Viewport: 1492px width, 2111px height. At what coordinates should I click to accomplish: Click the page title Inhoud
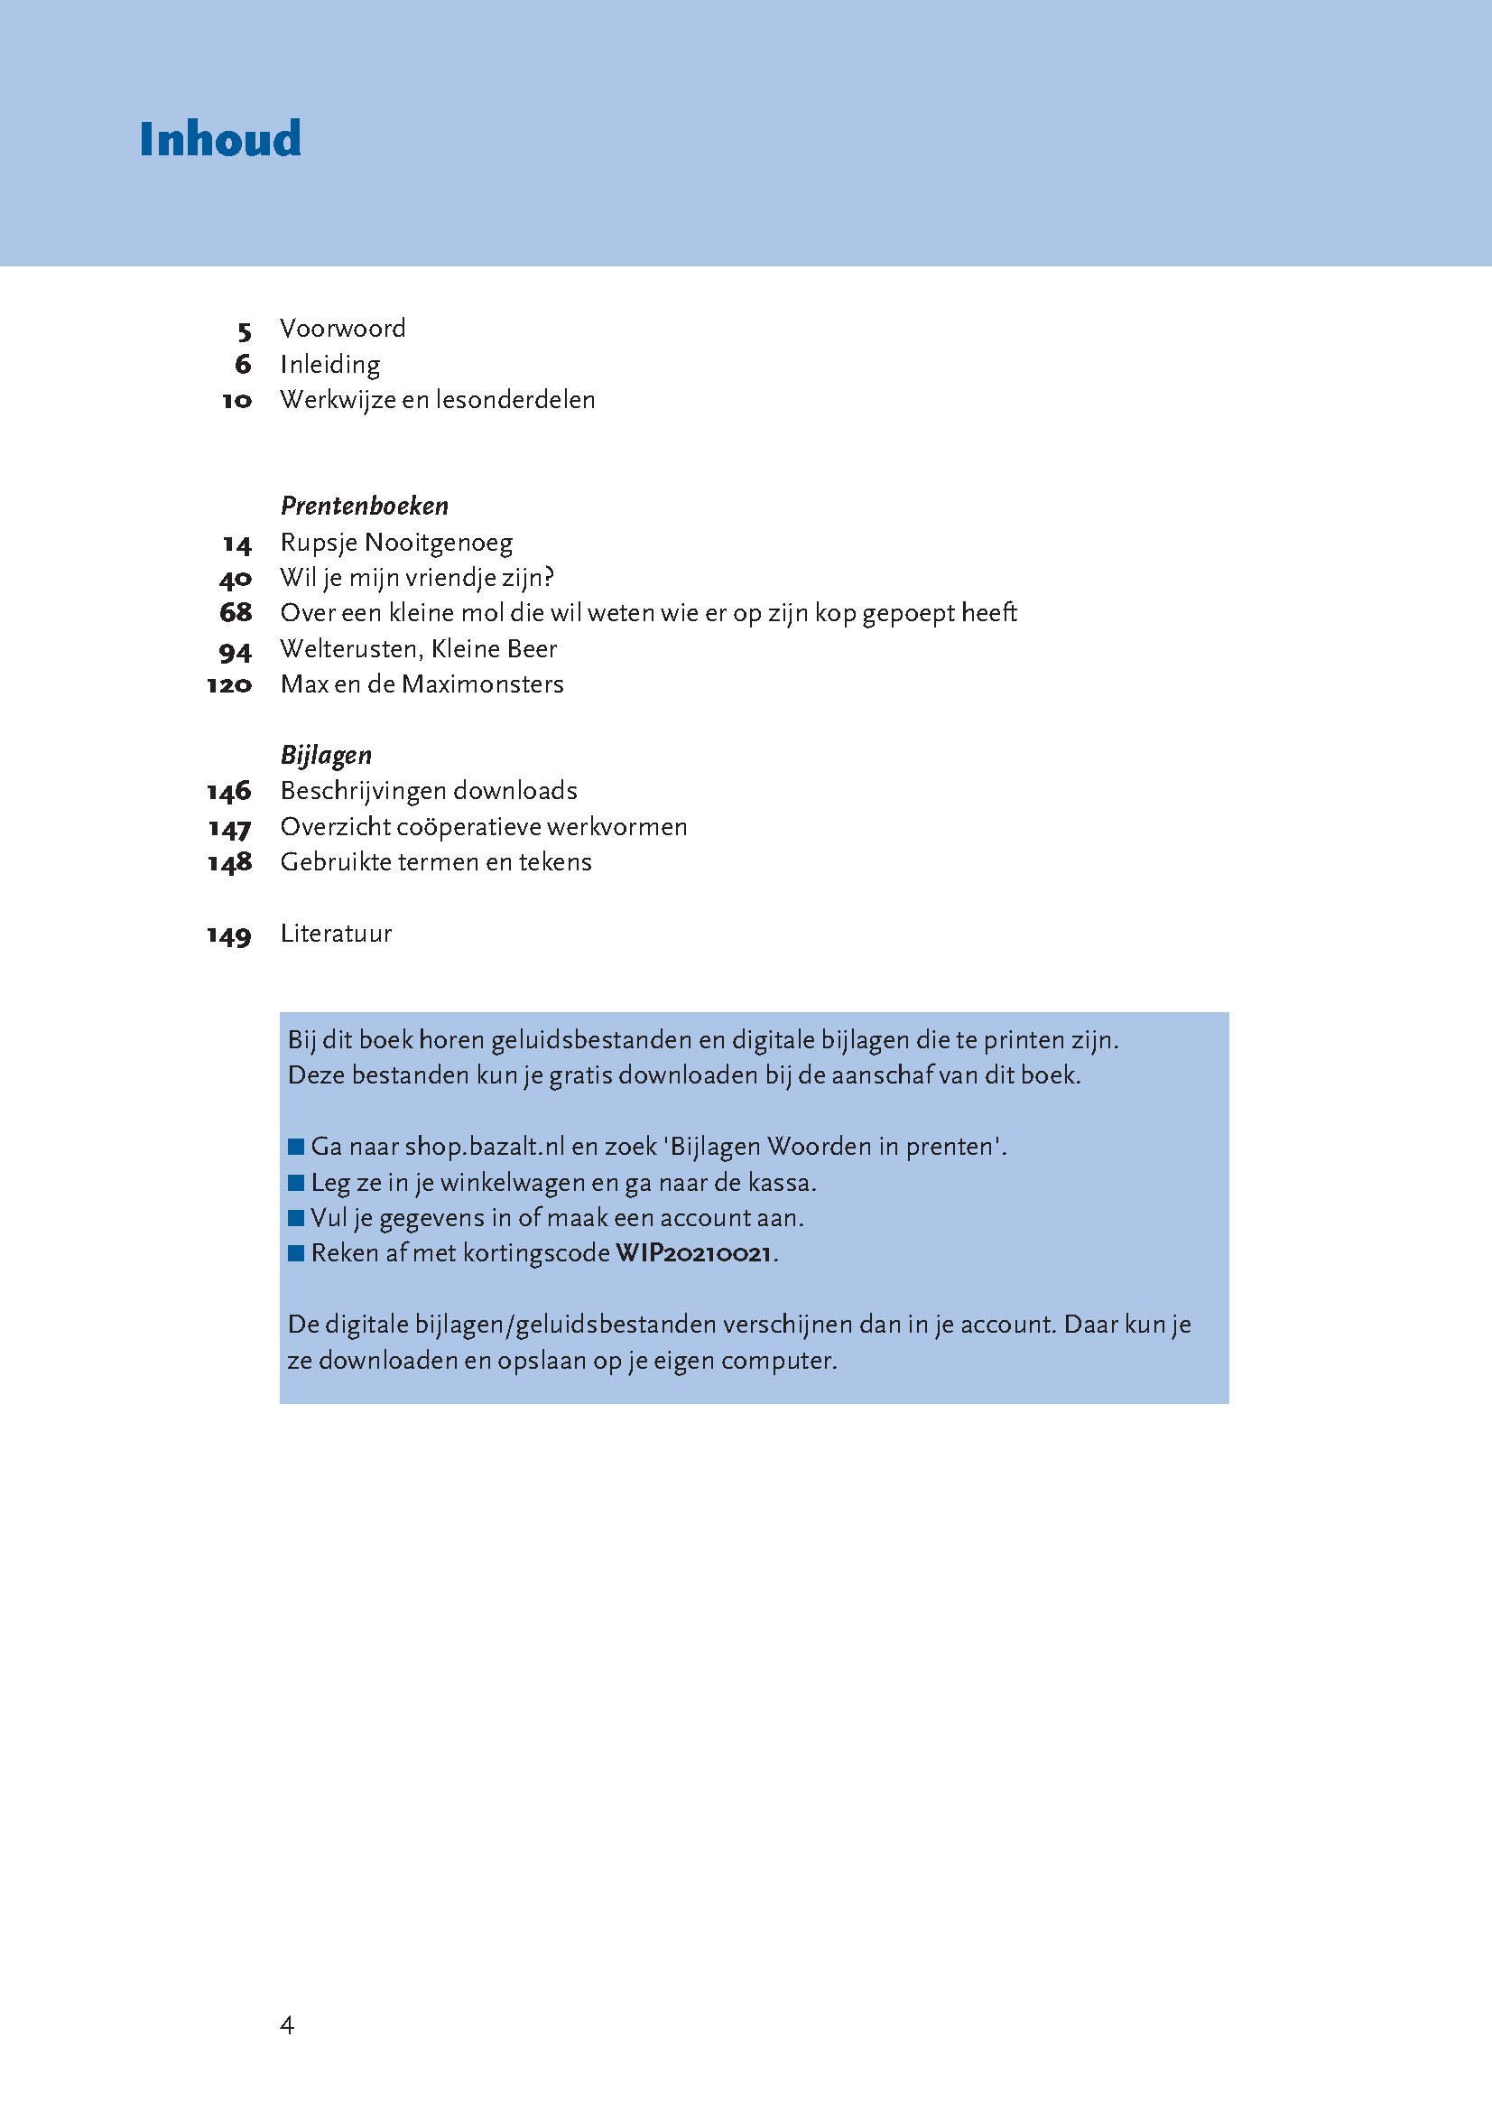(219, 140)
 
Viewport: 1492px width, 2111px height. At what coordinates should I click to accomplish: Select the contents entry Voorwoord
(342, 329)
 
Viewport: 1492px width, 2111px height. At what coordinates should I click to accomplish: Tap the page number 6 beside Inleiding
(243, 364)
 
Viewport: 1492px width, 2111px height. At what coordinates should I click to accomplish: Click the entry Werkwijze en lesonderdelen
(438, 400)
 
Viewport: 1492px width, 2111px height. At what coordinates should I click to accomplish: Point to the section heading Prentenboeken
(364, 506)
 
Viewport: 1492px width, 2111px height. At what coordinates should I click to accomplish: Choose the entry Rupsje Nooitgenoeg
(396, 543)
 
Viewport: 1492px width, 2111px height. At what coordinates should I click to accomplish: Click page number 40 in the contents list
(236, 580)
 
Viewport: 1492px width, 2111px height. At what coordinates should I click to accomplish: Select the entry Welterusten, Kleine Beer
(418, 649)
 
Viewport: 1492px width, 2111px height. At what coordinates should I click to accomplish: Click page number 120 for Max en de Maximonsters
(229, 685)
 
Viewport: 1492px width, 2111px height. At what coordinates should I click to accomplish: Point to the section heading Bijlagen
(326, 755)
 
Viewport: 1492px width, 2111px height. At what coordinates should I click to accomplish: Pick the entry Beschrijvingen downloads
(429, 791)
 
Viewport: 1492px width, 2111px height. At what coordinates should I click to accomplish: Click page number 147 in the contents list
(229, 828)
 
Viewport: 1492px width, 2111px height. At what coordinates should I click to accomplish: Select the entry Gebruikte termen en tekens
(436, 862)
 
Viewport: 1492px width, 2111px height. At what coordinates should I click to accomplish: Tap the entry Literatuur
(336, 934)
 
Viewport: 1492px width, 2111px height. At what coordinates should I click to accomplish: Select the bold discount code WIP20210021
(693, 1253)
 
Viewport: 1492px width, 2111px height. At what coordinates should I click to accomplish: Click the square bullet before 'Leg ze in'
(296, 1183)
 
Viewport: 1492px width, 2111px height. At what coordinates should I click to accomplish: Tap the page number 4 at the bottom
(287, 2024)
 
